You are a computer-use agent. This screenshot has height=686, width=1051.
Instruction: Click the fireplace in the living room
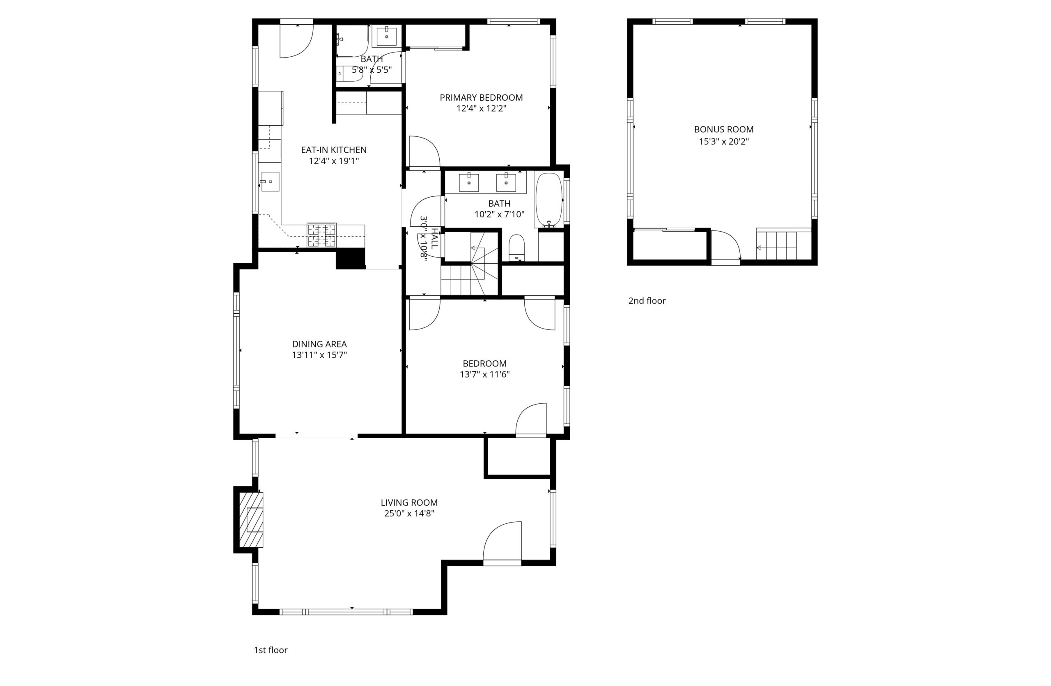[x=251, y=520]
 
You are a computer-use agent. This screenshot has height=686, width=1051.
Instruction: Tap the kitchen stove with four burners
[x=321, y=235]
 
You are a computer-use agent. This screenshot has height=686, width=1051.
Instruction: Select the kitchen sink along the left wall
[x=270, y=182]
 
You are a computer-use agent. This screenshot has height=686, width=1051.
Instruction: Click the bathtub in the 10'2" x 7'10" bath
[x=549, y=200]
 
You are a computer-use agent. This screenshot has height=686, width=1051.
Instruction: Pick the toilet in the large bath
[x=516, y=247]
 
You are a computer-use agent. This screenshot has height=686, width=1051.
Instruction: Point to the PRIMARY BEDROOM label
[x=481, y=98]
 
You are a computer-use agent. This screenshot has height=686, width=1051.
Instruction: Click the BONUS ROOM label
[x=724, y=129]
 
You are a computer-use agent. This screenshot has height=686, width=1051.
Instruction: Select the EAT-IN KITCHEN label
[x=333, y=150]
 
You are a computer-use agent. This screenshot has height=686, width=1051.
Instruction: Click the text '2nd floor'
[x=647, y=301]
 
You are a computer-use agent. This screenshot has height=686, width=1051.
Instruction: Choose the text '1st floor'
[x=270, y=650]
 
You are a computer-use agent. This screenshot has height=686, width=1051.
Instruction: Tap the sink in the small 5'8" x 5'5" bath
[x=386, y=37]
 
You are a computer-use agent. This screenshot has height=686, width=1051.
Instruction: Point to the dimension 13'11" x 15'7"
[x=319, y=355]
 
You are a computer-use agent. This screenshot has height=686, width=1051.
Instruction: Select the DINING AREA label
[x=319, y=344]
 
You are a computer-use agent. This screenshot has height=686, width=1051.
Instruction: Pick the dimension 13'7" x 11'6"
[x=484, y=374]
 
